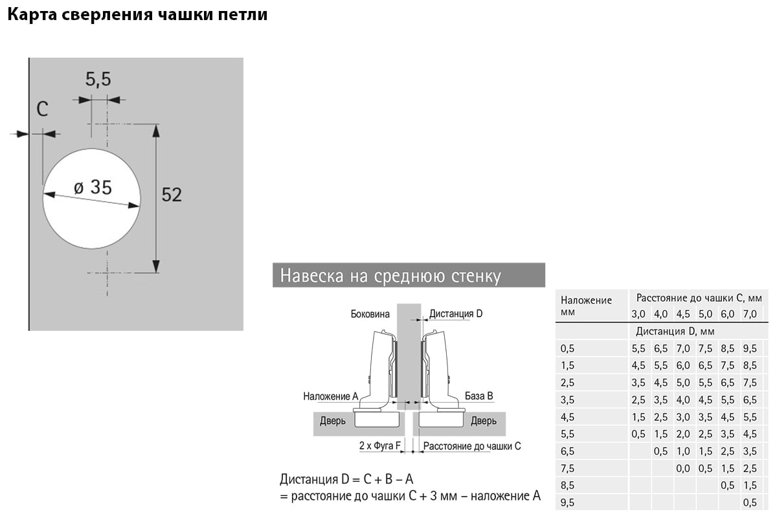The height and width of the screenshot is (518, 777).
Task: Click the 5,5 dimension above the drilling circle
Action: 98,79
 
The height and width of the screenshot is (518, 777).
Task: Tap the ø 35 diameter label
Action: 93,187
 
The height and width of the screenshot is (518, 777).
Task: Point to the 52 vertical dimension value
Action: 172,195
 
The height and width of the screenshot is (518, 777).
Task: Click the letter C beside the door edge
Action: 42,109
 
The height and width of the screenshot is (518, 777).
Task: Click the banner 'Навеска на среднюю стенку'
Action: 409,275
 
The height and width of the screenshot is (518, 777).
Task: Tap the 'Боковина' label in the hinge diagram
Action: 370,314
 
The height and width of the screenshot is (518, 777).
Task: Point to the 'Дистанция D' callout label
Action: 456,313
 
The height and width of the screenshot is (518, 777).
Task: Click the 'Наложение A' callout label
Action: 331,396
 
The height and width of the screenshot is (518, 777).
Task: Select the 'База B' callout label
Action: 479,396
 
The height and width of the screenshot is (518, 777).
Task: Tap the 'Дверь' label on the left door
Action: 333,422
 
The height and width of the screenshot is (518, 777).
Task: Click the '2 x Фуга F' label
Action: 380,445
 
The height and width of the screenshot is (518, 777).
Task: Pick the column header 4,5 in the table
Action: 683,314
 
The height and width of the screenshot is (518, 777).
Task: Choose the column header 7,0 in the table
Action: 750,314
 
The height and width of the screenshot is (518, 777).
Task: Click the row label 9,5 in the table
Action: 567,502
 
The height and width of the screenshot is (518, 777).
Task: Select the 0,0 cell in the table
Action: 683,469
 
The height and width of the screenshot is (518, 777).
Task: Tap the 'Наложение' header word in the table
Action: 586,300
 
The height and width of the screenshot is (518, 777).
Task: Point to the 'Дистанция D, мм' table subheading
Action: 675,332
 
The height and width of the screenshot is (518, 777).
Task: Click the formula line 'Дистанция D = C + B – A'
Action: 346,479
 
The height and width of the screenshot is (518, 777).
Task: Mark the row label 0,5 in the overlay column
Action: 567,348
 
